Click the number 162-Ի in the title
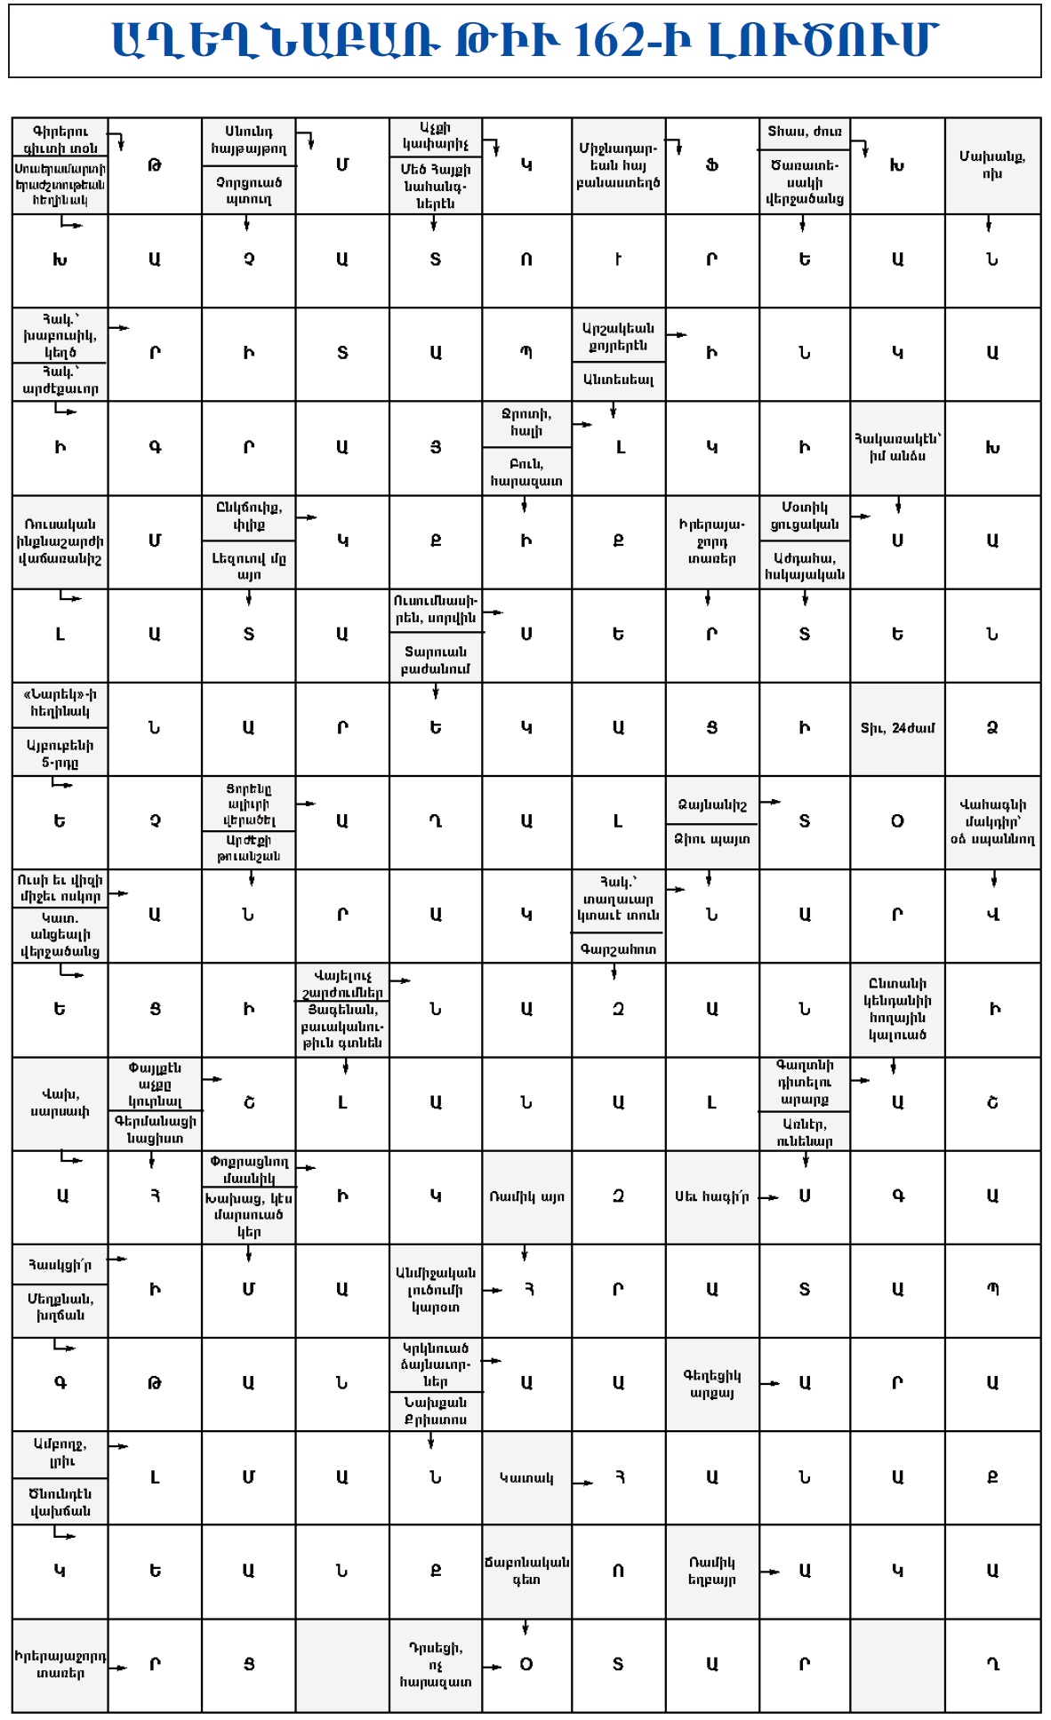[631, 41]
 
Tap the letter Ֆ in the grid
[711, 165]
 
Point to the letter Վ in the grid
[992, 915]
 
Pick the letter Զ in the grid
[992, 728]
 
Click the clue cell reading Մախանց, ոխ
[992, 165]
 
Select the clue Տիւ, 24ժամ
[897, 728]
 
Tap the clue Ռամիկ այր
[526, 1196]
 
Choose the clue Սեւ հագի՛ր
[711, 1196]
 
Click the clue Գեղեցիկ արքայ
[711, 1383]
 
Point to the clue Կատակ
[526, 1477]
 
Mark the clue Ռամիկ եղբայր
[711, 1571]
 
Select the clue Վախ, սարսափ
[60, 1102]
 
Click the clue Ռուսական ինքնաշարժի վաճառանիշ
[60, 541]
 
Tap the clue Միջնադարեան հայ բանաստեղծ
[618, 165]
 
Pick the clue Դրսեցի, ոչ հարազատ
[435, 1664]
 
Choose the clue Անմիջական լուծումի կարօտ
[435, 1290]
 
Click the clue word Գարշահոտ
[618, 949]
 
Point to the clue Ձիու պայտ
[711, 839]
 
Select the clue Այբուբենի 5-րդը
[60, 754]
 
